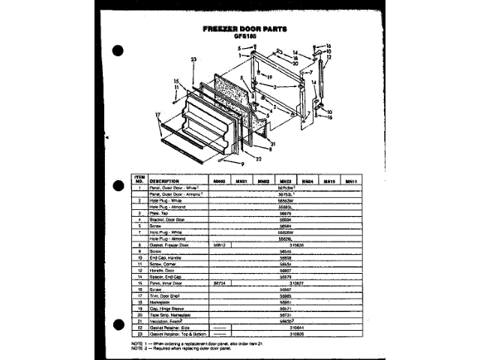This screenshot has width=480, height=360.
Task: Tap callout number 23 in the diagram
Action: point(193,59)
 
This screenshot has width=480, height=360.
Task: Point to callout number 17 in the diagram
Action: point(158,115)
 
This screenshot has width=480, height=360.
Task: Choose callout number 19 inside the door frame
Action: point(266,76)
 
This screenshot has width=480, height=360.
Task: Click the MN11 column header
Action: point(350,181)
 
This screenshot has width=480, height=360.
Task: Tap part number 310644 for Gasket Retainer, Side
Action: point(285,328)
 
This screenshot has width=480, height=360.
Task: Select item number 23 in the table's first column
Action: point(139,333)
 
